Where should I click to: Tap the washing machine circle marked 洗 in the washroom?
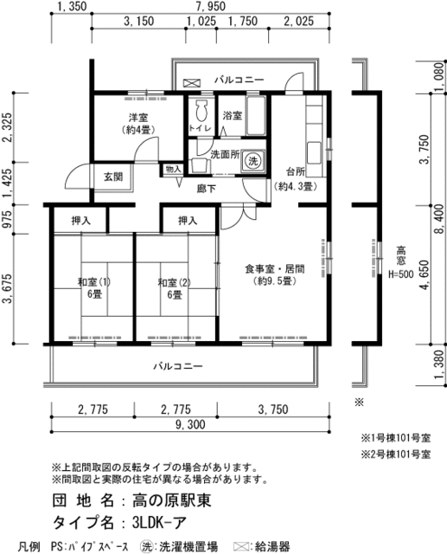[x=253, y=161]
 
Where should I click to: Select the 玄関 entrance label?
[x=113, y=177]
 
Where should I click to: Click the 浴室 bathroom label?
[x=232, y=115]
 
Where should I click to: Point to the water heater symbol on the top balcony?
[x=192, y=83]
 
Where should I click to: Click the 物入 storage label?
[x=174, y=170]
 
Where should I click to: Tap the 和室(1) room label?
[x=94, y=282]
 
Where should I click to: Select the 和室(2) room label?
[x=175, y=282]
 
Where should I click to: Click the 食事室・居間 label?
[x=274, y=269]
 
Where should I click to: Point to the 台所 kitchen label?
[x=296, y=172]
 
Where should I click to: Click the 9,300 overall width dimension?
[x=190, y=424]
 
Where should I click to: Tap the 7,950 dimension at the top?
[x=210, y=6]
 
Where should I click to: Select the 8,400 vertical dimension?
[x=440, y=219]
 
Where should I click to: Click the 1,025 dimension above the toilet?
[x=201, y=21]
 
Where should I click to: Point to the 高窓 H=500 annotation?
[x=401, y=262]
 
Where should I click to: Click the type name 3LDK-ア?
[x=159, y=522]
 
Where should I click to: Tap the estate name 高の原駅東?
[x=172, y=500]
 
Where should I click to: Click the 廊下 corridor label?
[x=206, y=189]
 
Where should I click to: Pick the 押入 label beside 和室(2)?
[x=188, y=221]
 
